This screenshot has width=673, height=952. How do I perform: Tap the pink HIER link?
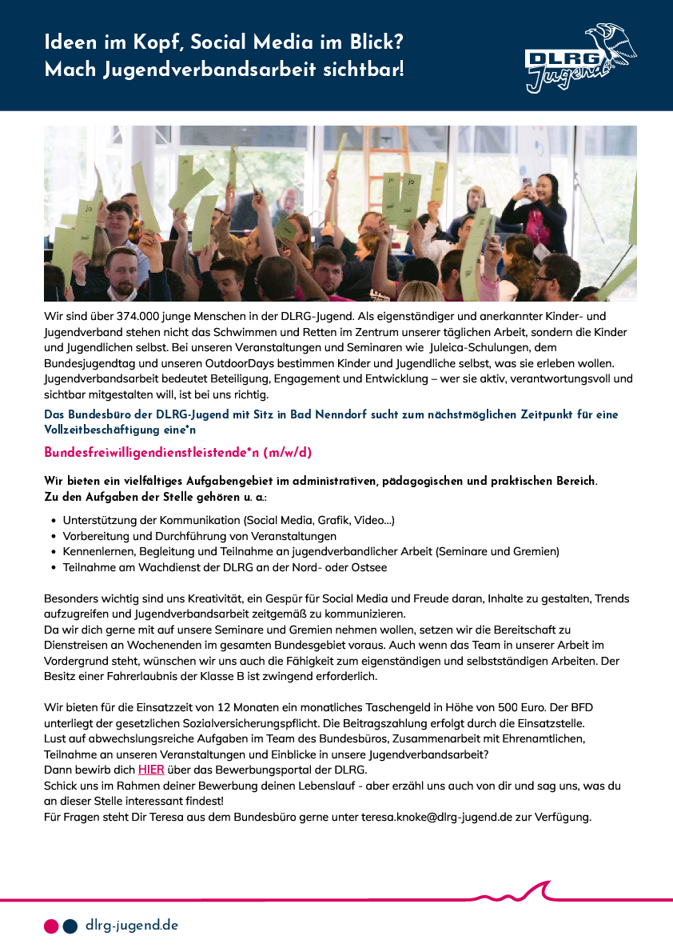click(151, 770)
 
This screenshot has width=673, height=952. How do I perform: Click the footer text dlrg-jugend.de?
click(132, 926)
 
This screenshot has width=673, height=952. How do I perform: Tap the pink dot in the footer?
click(51, 926)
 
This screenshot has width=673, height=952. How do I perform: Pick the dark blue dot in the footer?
click(70, 926)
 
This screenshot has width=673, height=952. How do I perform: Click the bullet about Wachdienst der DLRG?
click(225, 567)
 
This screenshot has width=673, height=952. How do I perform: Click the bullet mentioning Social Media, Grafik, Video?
click(229, 520)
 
